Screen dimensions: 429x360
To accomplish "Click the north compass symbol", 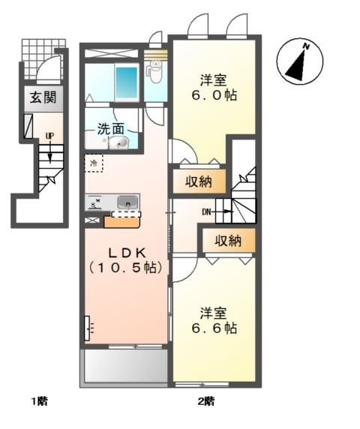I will coord(298,62).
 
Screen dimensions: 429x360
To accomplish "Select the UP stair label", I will coord(49,136).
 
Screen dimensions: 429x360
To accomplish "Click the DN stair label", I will coord(208,212).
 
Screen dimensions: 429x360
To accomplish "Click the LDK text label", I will coord(125,253).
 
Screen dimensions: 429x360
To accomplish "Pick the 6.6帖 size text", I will coord(217,328).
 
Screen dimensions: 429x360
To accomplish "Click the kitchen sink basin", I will coord(127,202).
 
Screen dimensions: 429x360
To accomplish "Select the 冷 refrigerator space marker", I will coord(94,162).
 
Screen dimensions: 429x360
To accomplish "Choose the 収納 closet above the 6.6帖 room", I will coord(227,241).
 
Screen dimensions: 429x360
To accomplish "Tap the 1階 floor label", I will coord(39,401).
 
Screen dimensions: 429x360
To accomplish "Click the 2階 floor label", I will coord(206,401).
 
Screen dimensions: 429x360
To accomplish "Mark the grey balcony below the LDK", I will coord(124,367).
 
